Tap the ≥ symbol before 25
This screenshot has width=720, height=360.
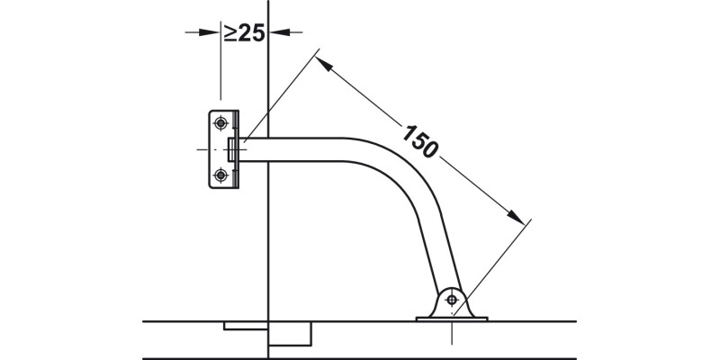[x=230, y=33]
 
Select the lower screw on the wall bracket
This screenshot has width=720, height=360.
[x=220, y=175]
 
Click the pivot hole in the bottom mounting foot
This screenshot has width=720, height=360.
[x=451, y=299]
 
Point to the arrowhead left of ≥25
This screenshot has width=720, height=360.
[x=212, y=32]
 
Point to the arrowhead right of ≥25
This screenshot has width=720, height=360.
[x=276, y=32]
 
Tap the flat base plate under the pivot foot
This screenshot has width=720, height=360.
[x=450, y=317]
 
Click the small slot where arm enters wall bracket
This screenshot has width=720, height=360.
[x=232, y=149]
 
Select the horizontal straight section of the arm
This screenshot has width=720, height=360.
[x=306, y=149]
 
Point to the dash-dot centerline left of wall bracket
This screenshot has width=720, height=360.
[x=202, y=149]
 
